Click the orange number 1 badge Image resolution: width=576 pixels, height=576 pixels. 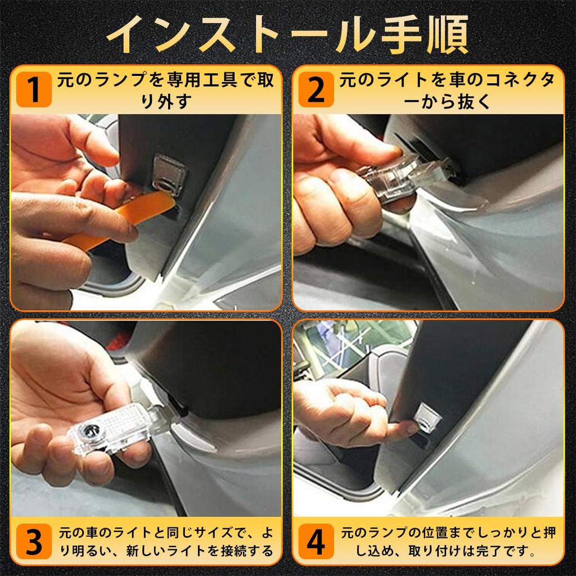point(34,89)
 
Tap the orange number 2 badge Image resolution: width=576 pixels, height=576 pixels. point(316,89)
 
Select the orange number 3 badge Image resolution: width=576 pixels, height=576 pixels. point(34,542)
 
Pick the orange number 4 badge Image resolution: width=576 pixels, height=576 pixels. point(316,542)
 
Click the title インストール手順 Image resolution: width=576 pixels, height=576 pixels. point(287,35)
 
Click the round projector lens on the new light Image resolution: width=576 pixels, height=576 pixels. point(89,429)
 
